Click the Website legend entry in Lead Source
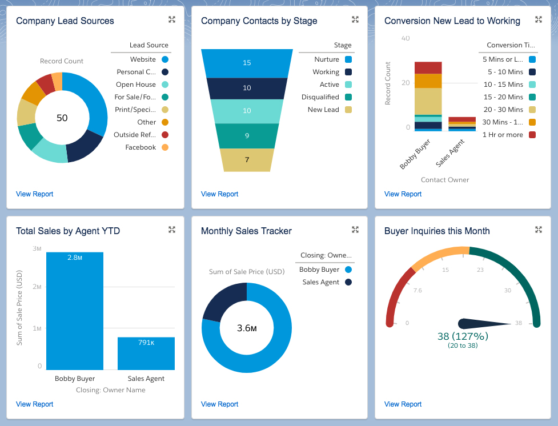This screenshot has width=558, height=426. coord(143,59)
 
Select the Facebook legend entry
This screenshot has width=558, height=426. coord(140,147)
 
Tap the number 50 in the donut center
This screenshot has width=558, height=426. coord(62,118)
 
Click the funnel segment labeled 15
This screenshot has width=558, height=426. coord(247,63)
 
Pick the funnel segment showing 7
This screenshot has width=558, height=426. coord(247,160)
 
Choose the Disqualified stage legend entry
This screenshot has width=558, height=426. coord(320,97)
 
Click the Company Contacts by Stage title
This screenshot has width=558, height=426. coord(259,21)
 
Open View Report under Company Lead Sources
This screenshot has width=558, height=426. coord(34,194)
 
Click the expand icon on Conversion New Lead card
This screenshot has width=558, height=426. coord(538,20)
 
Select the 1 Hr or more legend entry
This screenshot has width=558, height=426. coord(503,135)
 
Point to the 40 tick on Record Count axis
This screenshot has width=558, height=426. coord(406,38)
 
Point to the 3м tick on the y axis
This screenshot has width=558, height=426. coord(37,249)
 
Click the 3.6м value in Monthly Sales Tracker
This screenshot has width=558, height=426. coord(247,328)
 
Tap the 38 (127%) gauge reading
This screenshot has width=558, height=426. coord(463,336)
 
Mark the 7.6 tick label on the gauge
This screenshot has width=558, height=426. coord(418,290)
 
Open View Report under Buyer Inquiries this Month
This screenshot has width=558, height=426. coord(403,404)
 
